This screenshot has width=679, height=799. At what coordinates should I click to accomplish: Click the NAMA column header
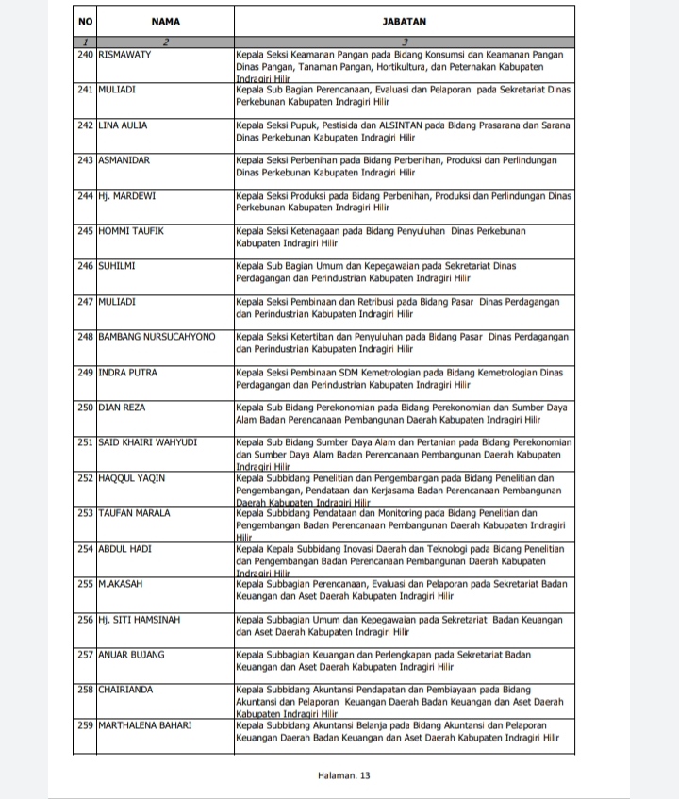165,20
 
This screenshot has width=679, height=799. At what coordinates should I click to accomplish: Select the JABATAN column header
404,20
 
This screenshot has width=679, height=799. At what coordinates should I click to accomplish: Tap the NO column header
85,20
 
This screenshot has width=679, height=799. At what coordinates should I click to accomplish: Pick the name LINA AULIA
123,125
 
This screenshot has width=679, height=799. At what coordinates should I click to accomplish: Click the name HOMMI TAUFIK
128,231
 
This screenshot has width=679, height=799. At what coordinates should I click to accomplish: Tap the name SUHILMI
117,266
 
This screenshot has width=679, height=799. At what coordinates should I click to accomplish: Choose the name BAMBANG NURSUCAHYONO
157,337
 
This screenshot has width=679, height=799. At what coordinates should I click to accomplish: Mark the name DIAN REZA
122,408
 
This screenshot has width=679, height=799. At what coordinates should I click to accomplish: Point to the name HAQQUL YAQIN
131,478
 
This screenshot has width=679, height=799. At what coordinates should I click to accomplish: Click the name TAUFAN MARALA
134,513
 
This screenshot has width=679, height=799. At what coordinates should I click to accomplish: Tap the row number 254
85,549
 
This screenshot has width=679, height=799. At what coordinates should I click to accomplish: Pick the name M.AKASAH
120,584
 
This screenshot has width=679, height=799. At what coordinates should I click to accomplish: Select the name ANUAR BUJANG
131,655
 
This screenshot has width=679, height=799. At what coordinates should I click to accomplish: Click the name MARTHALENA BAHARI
144,724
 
